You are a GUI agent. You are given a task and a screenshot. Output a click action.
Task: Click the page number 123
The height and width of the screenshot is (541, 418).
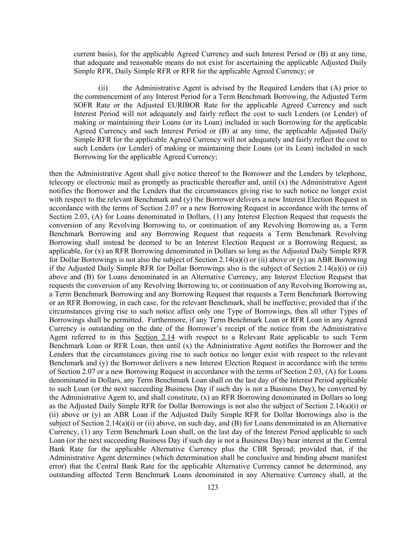click(x=213, y=487)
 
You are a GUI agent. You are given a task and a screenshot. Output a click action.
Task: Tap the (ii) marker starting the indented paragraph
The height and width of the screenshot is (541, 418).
click(x=103, y=88)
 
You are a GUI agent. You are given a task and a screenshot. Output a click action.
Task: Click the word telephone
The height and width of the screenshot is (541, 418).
click(x=352, y=174)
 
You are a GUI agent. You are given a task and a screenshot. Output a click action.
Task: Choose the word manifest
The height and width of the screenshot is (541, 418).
click(x=353, y=458)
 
